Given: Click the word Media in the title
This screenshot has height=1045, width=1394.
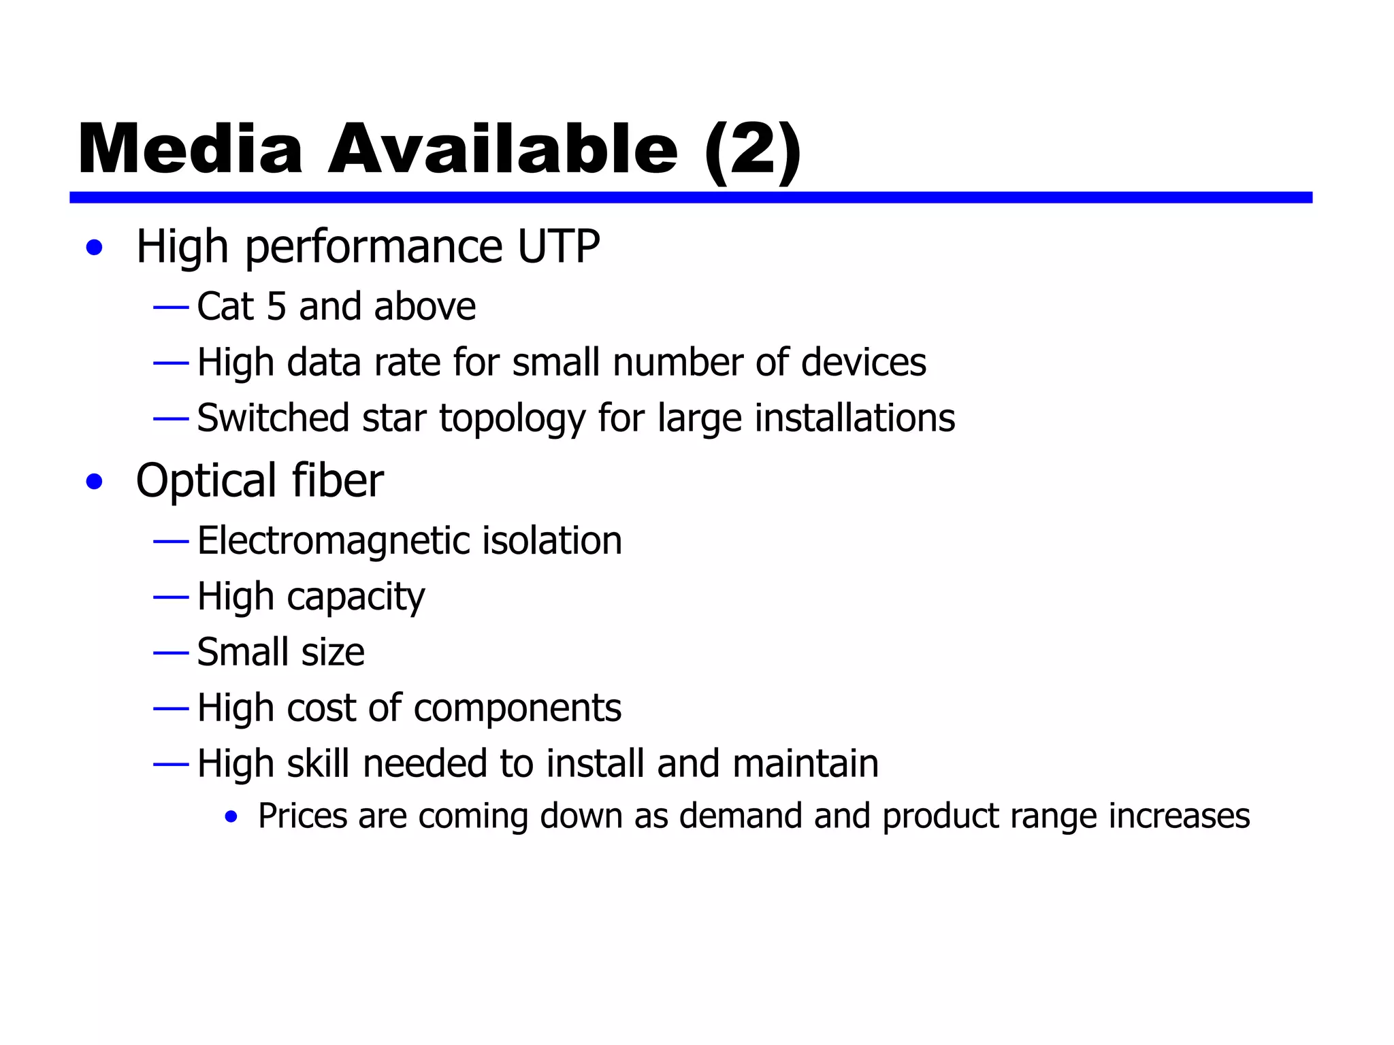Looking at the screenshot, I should (190, 150).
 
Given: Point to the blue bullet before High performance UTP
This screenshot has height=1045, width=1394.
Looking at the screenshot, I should (95, 248).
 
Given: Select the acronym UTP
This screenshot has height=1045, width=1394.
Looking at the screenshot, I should (558, 246).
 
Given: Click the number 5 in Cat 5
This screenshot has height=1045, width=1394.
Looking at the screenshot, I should (276, 307).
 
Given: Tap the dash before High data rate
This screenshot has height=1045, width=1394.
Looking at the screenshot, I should (171, 363).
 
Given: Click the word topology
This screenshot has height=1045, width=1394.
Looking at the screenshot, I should (512, 419).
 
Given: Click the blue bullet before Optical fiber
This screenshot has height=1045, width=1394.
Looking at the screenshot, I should (95, 482).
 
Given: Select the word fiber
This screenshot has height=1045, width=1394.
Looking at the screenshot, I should (338, 481).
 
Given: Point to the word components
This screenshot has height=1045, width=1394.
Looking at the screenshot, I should (517, 709).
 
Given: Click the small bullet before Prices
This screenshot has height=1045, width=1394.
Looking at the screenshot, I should (231, 817).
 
